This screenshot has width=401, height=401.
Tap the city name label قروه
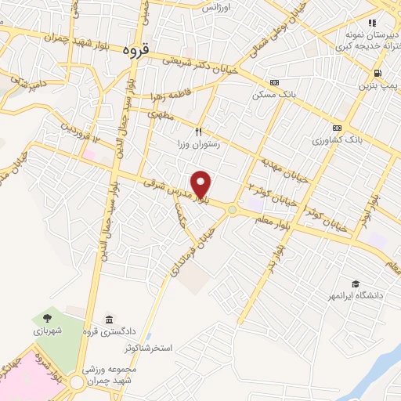pyautogui.click(x=136, y=50)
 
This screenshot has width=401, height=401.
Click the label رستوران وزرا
pyautogui.click(x=199, y=145)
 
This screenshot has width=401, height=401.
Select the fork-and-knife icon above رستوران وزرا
pyautogui.click(x=199, y=132)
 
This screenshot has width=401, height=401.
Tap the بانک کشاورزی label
pyautogui.click(x=336, y=141)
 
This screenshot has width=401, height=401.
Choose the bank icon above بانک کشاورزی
pyautogui.click(x=337, y=128)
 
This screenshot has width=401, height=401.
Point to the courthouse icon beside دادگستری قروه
pyautogui.click(x=107, y=320)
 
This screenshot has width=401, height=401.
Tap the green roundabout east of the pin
pyautogui.click(x=232, y=209)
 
